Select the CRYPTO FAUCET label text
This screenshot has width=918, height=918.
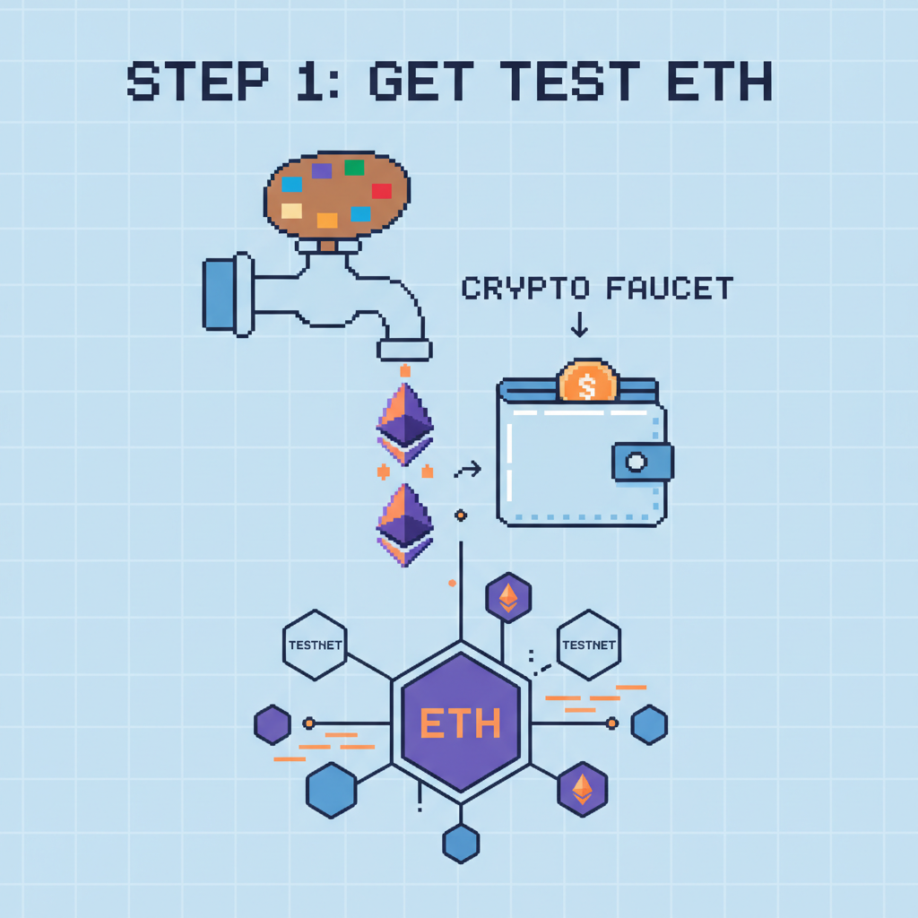coord(597,289)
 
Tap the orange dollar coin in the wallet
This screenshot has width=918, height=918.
coord(588,383)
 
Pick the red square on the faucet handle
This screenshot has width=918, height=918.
coord(381,190)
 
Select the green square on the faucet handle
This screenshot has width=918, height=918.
coord(354,167)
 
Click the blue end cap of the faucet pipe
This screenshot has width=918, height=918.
coord(219,293)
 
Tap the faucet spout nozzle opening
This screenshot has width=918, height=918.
coord(403,350)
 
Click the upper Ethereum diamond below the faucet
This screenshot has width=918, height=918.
coord(404,421)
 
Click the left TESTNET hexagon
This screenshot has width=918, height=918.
coord(314,645)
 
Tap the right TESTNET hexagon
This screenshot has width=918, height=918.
coord(587,645)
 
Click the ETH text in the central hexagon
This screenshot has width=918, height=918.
coord(460,722)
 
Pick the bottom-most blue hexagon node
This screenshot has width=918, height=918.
coord(461,844)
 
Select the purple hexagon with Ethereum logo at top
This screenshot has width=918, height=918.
coord(508,597)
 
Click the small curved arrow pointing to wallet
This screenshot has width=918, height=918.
coord(468,469)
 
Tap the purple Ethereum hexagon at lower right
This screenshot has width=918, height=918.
coord(583,789)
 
